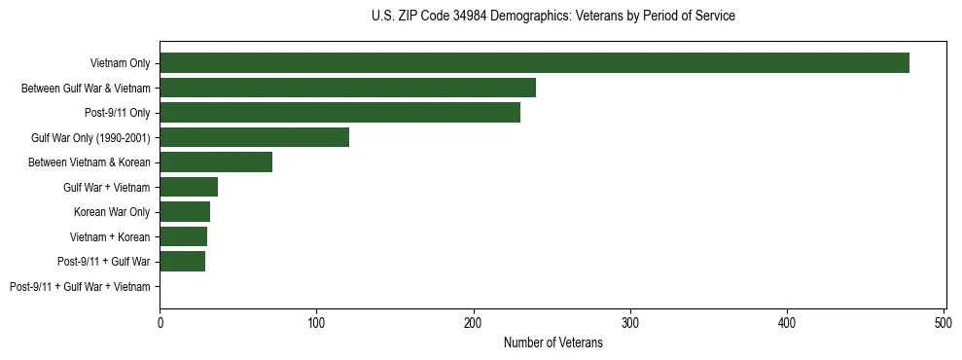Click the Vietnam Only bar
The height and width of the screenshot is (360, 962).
click(534, 63)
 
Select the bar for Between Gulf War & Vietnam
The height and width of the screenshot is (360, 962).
click(347, 89)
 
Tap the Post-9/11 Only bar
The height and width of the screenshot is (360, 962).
click(339, 113)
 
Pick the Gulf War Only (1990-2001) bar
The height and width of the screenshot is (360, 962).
click(254, 138)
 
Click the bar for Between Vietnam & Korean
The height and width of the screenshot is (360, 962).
click(216, 162)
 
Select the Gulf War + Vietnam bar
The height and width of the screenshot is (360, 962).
click(189, 187)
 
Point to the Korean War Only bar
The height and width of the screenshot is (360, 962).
click(185, 212)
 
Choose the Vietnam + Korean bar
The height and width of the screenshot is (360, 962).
click(183, 236)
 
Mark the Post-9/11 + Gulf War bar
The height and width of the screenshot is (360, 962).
click(182, 262)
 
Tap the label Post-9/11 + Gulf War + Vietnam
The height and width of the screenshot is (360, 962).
click(80, 287)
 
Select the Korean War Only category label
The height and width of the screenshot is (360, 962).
click(112, 212)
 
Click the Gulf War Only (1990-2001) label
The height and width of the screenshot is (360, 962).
click(90, 138)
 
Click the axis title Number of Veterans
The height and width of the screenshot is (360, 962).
click(552, 343)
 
